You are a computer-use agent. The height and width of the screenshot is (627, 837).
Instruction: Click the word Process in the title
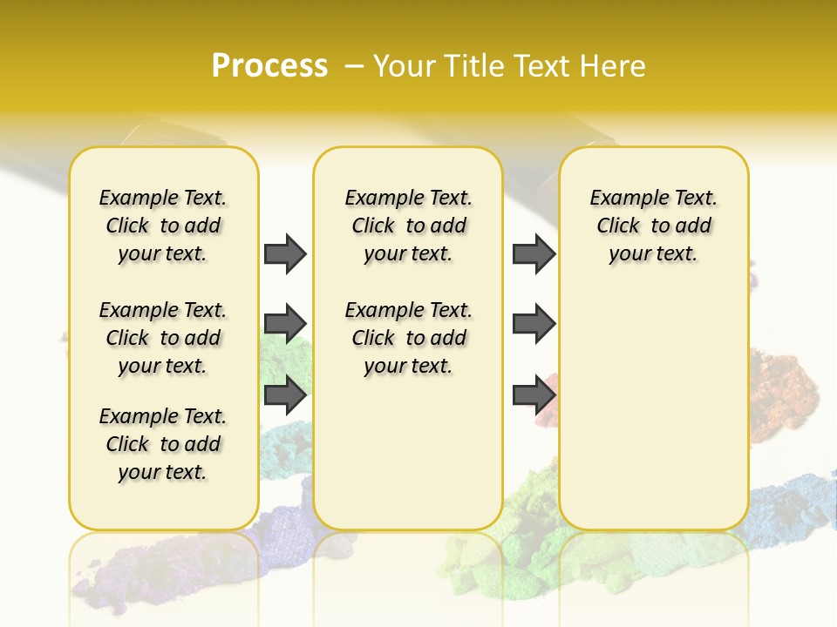[x=269, y=65]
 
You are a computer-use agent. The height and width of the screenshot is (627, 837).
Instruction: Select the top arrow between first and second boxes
[x=285, y=253]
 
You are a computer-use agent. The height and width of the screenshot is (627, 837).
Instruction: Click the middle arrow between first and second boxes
[x=285, y=324]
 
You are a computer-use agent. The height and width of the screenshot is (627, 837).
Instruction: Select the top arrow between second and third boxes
[x=534, y=253]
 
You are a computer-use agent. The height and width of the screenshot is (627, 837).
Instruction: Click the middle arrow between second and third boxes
[x=534, y=324]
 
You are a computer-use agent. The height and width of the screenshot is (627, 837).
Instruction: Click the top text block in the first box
[x=163, y=226]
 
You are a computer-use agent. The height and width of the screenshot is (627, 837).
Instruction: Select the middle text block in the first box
[x=163, y=338]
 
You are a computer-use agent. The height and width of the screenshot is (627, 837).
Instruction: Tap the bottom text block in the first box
[x=163, y=444]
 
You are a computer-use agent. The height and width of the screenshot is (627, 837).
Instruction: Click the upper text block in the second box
[x=409, y=226]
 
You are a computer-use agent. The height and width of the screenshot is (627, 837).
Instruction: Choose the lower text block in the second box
[x=409, y=338]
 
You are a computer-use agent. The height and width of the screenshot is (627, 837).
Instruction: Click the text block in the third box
[x=654, y=226]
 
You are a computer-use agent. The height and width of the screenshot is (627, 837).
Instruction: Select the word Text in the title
[x=541, y=66]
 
